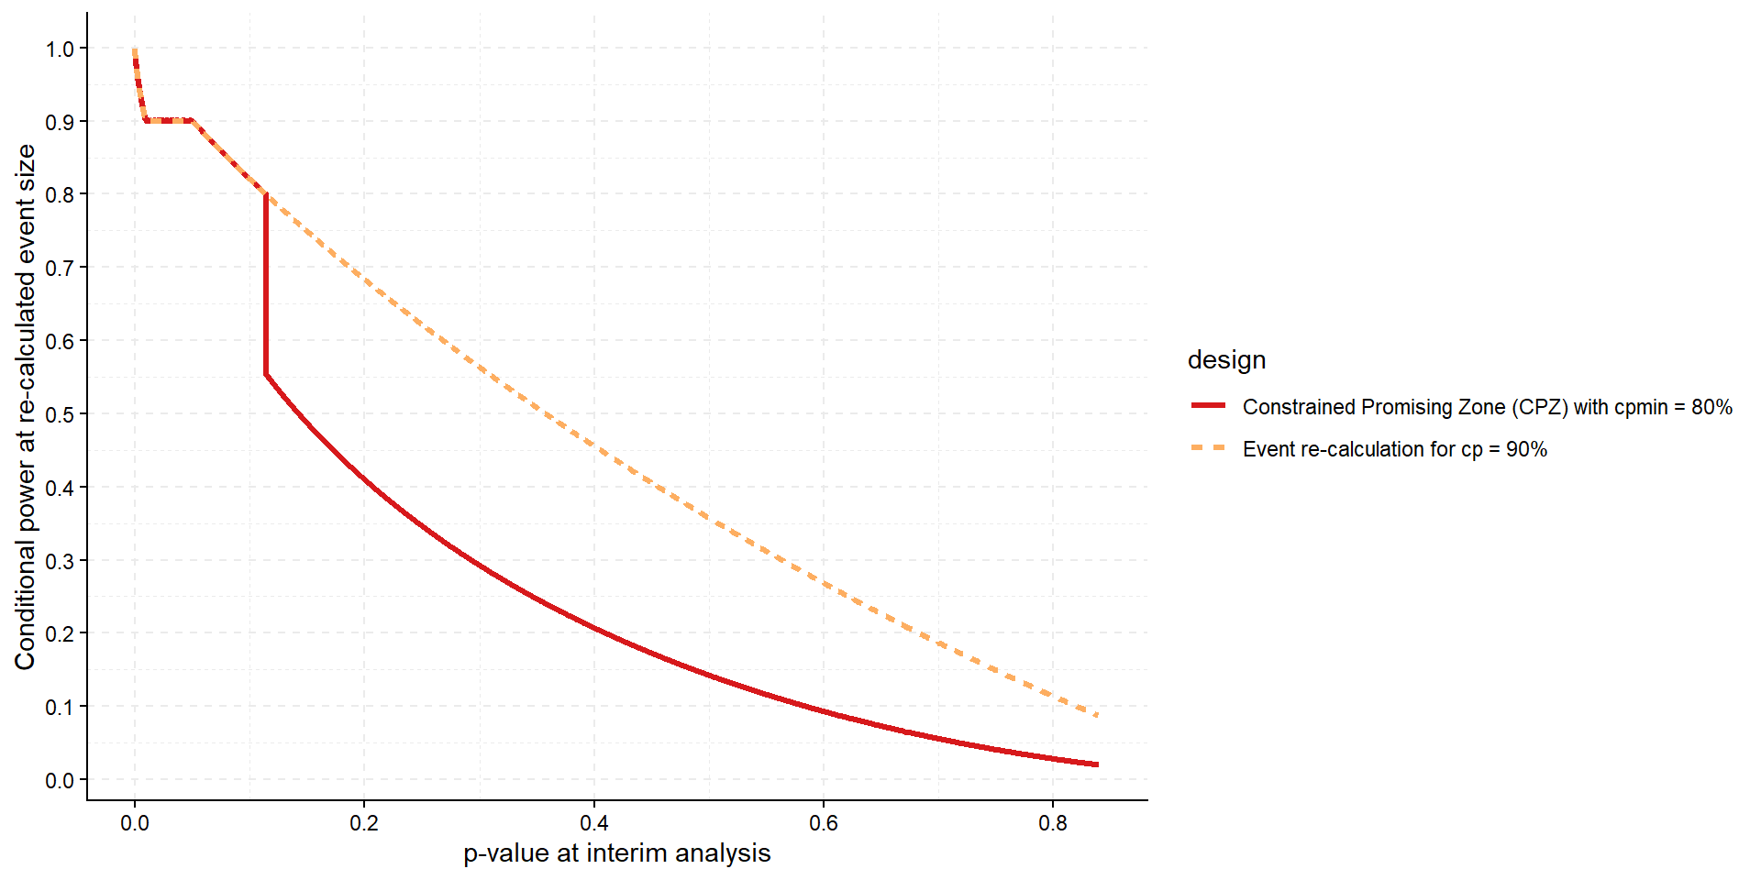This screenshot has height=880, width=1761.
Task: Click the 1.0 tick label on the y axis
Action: pos(60,49)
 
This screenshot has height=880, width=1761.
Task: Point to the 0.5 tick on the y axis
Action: pos(60,414)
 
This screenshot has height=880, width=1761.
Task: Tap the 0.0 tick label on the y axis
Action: pos(60,780)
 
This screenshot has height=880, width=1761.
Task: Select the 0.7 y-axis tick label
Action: pos(60,268)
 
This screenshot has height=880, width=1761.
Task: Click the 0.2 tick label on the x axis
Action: pos(364,823)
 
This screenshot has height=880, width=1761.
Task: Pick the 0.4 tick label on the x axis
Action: pos(594,823)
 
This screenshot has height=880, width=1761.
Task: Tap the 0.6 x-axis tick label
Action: pos(824,823)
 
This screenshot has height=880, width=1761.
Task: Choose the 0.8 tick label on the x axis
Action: pos(1053,823)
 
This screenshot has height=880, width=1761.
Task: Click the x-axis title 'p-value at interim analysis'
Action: pos(616,853)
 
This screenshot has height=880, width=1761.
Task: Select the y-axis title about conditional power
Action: pos(25,407)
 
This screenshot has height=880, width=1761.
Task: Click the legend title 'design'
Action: pos(1226,360)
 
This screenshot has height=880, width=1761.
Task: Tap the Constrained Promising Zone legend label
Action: pos(1487,407)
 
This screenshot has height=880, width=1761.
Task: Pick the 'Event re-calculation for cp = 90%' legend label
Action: pos(1394,449)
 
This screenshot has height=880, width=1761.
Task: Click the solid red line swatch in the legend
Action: pos(1208,405)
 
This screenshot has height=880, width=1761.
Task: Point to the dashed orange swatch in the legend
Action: pos(1208,448)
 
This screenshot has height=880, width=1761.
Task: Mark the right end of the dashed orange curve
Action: pos(1096,715)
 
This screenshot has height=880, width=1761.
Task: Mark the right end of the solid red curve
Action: pos(1096,764)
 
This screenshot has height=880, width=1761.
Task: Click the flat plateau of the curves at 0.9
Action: pos(169,120)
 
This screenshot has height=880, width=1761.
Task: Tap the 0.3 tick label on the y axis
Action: pos(60,561)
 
